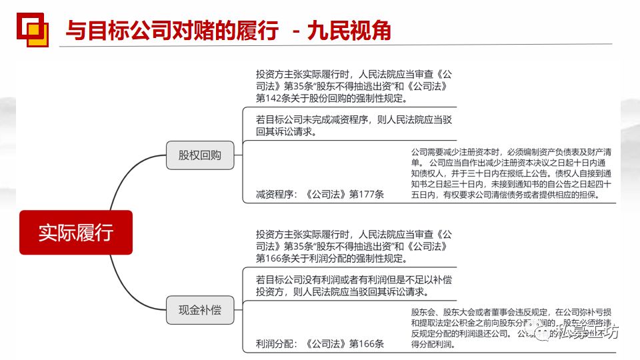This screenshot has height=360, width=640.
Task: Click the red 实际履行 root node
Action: pyautogui.click(x=75, y=232)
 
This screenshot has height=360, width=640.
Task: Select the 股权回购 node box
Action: pyautogui.click(x=199, y=156)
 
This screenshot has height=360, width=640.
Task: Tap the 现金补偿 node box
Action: pyautogui.click(x=199, y=310)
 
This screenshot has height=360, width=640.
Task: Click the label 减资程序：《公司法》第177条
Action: pyautogui.click(x=320, y=195)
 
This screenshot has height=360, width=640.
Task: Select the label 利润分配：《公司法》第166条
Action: pyautogui.click(x=320, y=344)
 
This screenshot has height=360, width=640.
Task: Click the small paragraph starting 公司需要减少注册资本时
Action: pyautogui.click(x=511, y=173)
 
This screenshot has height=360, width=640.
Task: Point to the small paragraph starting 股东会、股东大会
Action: pyautogui.click(x=511, y=328)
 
